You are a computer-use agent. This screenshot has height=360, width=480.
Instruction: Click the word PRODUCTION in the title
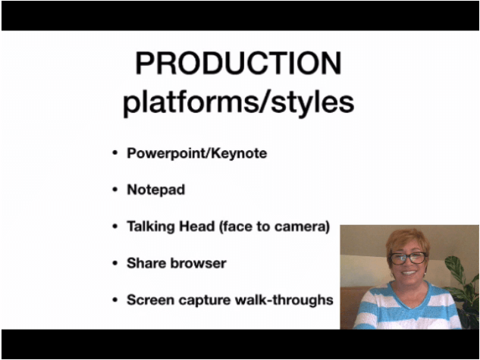point(238,63)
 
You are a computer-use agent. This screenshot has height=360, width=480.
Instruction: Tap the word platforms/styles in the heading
point(238,102)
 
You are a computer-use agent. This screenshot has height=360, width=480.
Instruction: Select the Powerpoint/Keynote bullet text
point(197,154)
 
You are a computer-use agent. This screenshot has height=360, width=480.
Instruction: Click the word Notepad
point(155,190)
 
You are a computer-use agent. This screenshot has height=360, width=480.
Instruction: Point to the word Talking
point(151,227)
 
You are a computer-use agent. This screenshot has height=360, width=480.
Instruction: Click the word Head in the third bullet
point(197,227)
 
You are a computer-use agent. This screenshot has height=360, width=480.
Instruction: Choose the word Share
point(146,263)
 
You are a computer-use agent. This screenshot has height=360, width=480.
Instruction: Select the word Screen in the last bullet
point(150,300)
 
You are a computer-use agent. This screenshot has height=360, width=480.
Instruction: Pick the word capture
point(205,301)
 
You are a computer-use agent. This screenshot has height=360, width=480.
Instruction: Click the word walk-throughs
point(284,300)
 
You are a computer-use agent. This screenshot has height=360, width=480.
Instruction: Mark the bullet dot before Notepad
point(115,190)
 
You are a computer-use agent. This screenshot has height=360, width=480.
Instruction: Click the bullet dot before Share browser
point(115,263)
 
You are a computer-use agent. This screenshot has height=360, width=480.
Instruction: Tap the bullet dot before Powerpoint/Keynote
point(115,153)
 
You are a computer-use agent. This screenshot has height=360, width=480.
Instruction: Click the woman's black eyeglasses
point(408,258)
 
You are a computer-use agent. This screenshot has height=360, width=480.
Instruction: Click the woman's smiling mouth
point(409,273)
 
